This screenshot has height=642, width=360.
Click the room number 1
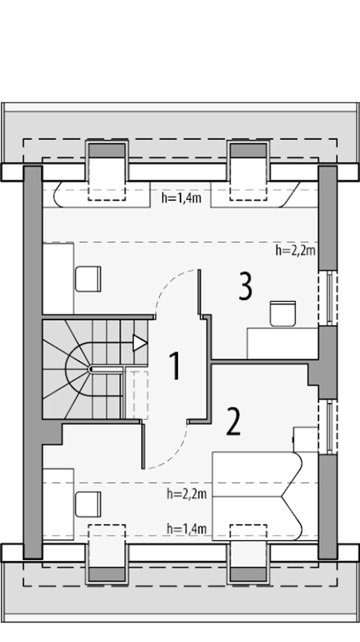tap(175, 366)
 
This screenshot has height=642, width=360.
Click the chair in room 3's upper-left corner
tap(88, 279)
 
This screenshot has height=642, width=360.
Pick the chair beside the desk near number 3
tap(283, 314)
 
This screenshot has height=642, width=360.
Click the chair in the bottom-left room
tap(88, 505)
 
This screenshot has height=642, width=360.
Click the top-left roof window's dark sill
tap(107, 150)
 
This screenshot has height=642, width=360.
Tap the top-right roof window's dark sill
tap(248, 150)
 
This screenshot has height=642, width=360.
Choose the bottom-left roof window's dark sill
tap(107, 574)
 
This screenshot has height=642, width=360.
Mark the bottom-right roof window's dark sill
tap(248, 574)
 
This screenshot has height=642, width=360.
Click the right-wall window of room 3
tap(328, 299)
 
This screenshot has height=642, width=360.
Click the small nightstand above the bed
tap(306, 440)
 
